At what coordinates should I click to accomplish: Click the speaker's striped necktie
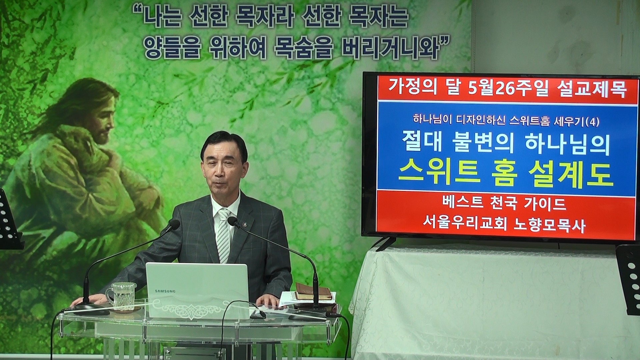(223, 235)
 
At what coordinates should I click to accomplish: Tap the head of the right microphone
(234, 222)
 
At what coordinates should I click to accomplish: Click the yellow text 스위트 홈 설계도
(506, 175)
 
